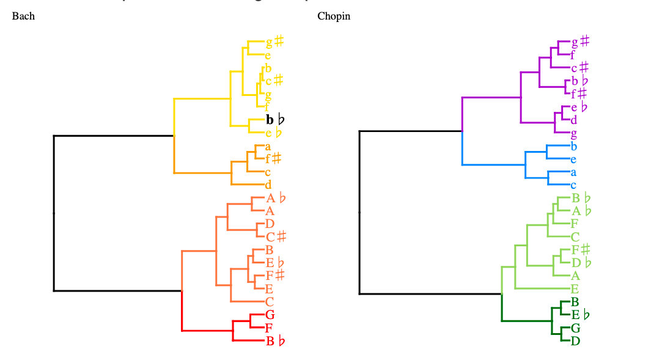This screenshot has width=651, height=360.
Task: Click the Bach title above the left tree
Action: coord(23,17)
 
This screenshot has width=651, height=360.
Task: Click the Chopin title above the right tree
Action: coord(334,17)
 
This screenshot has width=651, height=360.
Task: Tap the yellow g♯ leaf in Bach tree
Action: coord(274,42)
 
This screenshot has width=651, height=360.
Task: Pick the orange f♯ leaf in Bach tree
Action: coord(273,159)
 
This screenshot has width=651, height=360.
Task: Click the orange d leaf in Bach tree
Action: coord(268,185)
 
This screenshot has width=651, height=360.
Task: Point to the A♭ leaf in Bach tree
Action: coord(276,198)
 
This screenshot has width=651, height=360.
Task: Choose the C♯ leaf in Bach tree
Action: coord(276,237)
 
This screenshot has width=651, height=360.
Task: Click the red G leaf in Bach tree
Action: coord(270,315)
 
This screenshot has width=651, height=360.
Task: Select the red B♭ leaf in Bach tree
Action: coord(275,341)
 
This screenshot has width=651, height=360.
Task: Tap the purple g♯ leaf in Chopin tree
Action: coord(579,42)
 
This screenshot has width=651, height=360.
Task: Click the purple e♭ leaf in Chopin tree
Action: coord(579,107)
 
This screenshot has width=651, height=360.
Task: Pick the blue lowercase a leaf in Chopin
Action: coord(573,172)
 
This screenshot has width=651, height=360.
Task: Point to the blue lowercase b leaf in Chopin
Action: coord(573,146)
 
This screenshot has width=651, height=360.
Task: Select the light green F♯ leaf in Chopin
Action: coord(580,249)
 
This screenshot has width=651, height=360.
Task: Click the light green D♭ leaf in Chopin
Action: coord(580,263)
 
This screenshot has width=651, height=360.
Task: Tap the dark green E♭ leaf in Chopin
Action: coord(580,315)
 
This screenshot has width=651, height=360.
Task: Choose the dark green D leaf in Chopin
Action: coord(575,340)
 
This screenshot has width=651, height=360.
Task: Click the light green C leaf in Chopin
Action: coord(575,237)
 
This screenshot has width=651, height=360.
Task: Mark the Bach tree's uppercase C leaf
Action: coord(270,301)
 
